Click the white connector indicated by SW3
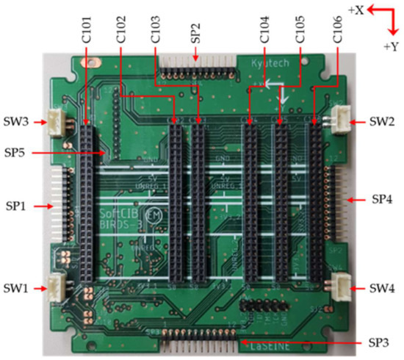coord(56,119)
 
